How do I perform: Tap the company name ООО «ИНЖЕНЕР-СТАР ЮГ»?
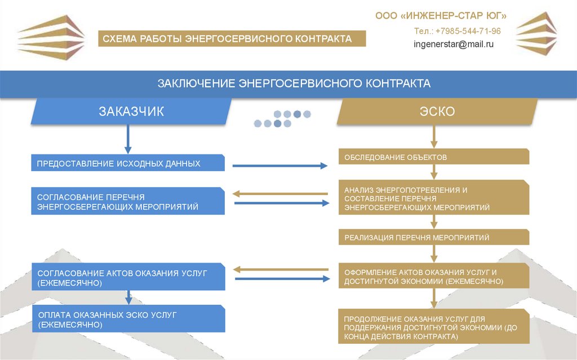click(x=441, y=15)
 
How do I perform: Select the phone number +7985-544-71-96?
click(x=457, y=31)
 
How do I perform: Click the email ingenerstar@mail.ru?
click(x=454, y=44)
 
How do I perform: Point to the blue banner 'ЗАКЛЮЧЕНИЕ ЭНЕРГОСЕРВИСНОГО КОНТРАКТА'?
click(x=288, y=84)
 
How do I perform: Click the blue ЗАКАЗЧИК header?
click(x=131, y=111)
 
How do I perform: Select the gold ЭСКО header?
click(x=437, y=111)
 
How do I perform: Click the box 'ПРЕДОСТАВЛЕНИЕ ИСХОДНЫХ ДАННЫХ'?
click(x=128, y=163)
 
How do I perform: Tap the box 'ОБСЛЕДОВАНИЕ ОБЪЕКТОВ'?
click(x=434, y=157)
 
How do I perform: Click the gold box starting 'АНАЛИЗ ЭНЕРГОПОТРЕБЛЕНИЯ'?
click(x=434, y=198)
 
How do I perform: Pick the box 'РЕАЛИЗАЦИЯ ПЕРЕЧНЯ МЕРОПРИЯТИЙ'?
click(x=434, y=237)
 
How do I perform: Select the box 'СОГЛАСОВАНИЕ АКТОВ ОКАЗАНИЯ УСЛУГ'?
click(x=128, y=277)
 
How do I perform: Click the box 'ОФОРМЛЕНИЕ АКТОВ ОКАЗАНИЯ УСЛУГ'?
click(x=434, y=276)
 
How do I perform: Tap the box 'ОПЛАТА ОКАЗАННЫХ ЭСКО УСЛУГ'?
click(x=128, y=319)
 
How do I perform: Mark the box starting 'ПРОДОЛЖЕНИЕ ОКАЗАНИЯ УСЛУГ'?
click(x=434, y=327)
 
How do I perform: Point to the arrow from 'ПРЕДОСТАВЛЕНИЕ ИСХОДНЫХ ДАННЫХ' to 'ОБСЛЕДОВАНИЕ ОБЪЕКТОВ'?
click(x=280, y=166)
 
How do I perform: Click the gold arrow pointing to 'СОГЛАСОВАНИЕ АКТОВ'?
click(x=280, y=269)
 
